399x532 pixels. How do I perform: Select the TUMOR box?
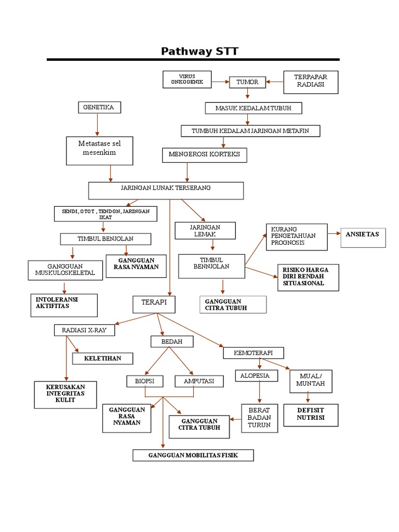pos(247,82)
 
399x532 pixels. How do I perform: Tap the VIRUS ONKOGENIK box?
pos(187,79)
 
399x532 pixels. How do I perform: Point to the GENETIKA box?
pos(99,108)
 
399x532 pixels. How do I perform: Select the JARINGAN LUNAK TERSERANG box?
pos(166,190)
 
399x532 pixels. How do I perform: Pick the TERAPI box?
pos(154,304)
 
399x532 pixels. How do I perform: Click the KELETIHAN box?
pos(102,358)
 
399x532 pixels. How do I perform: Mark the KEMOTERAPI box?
pos(254,353)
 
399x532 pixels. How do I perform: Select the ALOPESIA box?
pos(255,376)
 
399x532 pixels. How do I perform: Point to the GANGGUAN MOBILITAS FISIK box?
pos(193,456)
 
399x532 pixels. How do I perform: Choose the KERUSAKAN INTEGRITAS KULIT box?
pos(66,394)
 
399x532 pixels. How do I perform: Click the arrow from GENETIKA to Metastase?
pos(97,125)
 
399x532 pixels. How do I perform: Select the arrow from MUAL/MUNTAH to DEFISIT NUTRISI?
pos(308,397)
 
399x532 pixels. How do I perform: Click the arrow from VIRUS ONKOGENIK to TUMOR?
pos(220,82)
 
